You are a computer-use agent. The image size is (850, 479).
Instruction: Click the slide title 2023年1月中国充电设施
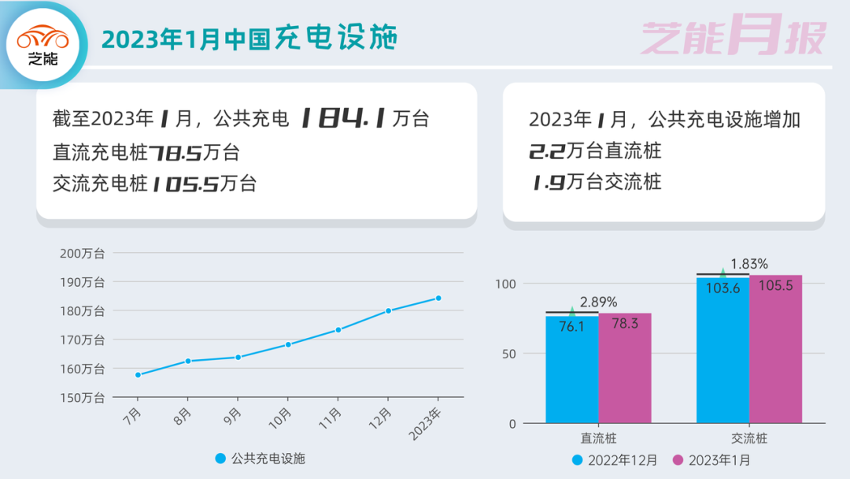click(x=249, y=39)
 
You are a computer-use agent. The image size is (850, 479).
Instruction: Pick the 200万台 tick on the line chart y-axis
click(x=82, y=253)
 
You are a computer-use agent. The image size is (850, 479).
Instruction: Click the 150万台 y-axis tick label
click(x=82, y=398)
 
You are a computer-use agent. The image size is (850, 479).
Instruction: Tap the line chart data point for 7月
click(x=138, y=375)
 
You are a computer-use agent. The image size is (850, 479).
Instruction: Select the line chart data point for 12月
click(x=388, y=310)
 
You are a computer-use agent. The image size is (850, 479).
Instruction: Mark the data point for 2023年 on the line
click(x=438, y=298)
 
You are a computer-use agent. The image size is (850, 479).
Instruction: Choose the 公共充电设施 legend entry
click(x=260, y=459)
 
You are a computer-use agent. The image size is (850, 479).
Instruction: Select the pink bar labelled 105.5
click(x=775, y=348)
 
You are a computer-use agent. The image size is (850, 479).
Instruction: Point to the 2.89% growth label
click(x=598, y=302)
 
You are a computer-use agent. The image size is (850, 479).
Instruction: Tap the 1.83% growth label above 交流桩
click(x=748, y=264)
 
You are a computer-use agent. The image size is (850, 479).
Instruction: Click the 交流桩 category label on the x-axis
click(x=748, y=438)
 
